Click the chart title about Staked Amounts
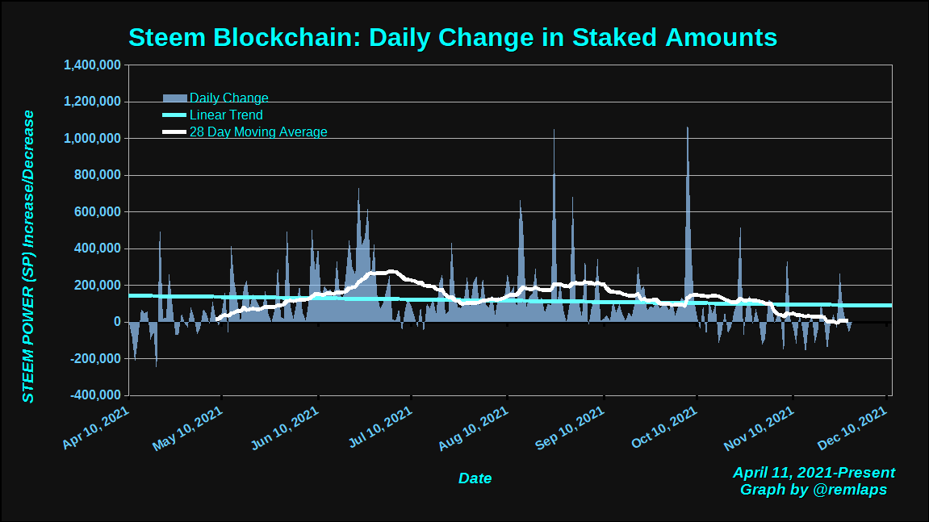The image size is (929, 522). pos(452,37)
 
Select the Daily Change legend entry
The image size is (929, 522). pos(228,98)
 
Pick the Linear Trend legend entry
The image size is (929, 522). pos(226,115)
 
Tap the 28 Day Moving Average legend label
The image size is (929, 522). pos(258,132)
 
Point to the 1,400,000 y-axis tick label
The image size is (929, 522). pos(92,65)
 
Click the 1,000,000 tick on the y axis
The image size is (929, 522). pos(92,139)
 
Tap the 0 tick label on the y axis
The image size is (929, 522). pos(118,322)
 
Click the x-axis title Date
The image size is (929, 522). pos(475,478)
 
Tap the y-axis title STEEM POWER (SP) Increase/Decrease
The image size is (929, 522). pos(28,257)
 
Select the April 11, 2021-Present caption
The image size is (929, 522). pos(814,473)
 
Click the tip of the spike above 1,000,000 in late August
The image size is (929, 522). pos(554,130)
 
